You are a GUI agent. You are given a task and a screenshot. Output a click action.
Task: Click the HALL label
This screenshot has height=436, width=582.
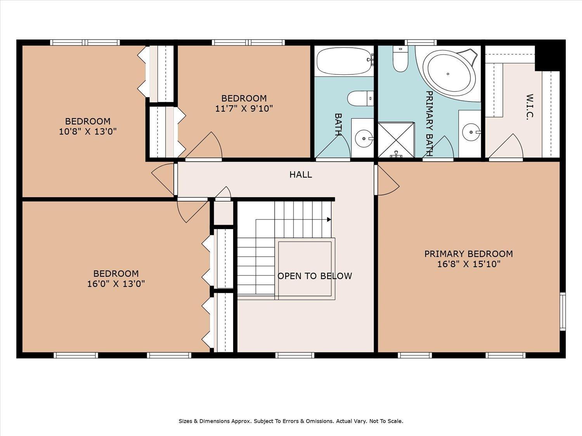point(300,174)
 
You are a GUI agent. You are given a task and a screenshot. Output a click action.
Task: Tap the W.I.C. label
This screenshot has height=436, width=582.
point(530,107)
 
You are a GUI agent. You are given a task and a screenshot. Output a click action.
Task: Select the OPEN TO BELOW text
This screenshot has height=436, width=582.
point(314,276)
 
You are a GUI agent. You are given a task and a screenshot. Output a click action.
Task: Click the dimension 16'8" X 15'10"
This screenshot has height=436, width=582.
point(469,264)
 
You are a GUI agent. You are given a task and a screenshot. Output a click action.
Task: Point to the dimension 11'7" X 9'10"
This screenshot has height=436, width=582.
point(244,108)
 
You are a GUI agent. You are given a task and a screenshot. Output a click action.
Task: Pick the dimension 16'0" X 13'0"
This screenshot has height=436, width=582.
point(116,284)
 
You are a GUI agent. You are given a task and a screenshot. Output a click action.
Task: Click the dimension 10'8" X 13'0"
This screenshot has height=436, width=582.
point(88,131)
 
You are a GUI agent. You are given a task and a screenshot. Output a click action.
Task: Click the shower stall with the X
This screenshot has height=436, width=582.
point(396,140)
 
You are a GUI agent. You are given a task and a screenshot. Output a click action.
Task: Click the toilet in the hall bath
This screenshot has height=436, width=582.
point(360,98)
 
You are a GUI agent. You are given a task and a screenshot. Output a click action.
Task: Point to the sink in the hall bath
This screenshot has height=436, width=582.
point(364,138)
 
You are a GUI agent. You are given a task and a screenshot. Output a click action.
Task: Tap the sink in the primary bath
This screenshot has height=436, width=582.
point(471,132)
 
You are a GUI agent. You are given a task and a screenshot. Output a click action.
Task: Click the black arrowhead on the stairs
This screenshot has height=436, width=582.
point(329,219)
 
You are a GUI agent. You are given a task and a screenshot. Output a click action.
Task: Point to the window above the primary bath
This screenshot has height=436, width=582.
point(421,42)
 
